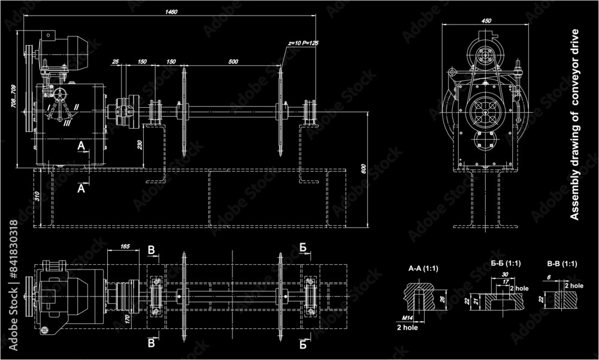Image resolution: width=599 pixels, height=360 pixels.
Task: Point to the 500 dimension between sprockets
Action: point(233,62)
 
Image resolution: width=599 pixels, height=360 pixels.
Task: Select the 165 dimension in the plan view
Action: point(126,246)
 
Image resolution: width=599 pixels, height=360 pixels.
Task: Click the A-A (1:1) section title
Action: point(423,268)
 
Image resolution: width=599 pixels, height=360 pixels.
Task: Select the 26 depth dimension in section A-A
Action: point(443,300)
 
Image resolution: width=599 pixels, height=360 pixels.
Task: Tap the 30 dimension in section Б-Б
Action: point(505,275)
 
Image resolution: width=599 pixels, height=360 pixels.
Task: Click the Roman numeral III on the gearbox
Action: point(68,123)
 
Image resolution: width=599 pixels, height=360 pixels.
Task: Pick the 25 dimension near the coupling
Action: point(115,62)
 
